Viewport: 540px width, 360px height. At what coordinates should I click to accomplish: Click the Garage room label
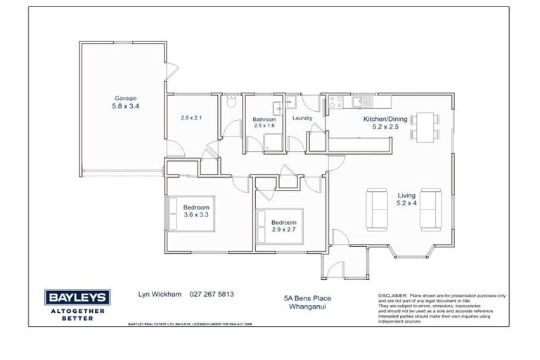tap(126, 98)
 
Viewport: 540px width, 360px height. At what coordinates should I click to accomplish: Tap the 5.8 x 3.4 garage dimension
tap(126, 107)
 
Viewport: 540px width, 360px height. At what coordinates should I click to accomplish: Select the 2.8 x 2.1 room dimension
tap(191, 118)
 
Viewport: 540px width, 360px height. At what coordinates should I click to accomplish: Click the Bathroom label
tap(264, 120)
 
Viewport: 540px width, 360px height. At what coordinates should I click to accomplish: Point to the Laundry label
tap(302, 118)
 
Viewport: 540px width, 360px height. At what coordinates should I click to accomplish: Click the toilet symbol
tap(230, 103)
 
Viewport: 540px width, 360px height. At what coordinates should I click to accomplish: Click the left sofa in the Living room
tap(377, 209)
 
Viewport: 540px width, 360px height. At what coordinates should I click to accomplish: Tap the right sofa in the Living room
tap(430, 209)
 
